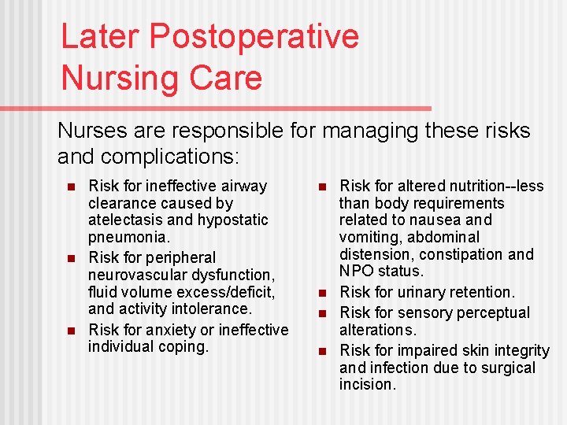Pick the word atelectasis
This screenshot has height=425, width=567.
tap(128, 220)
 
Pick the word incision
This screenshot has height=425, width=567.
tap(368, 384)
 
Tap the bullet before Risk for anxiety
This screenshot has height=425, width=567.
tap(70, 330)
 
